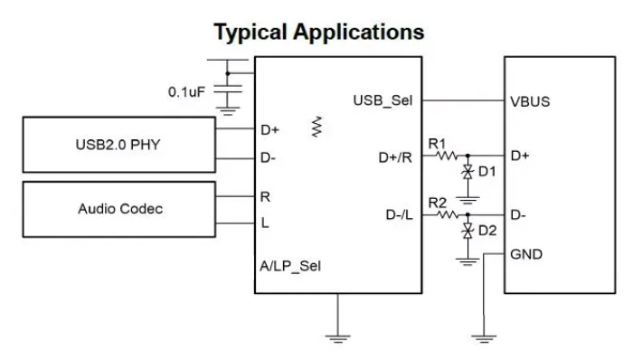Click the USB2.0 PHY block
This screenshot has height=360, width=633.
[x=119, y=145]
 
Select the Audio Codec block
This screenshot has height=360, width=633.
[x=119, y=210]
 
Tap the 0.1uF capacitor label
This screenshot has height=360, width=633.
[x=186, y=92]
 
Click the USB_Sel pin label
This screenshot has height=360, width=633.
[x=383, y=100]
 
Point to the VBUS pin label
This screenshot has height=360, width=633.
[x=530, y=101]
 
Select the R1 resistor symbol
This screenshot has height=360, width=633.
[x=448, y=156]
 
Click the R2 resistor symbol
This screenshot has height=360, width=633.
[x=448, y=214]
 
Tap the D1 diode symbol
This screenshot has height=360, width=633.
[x=468, y=173]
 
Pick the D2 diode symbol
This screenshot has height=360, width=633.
[x=468, y=232]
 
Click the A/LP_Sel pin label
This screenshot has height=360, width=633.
[x=290, y=266]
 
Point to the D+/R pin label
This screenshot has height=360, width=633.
[x=395, y=157]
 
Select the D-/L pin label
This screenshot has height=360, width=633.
[x=400, y=214]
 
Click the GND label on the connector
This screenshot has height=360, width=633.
[x=526, y=254]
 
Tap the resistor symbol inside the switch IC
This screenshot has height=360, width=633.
[x=316, y=127]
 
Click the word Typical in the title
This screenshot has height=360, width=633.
[x=250, y=33]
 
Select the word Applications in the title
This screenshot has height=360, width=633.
[x=359, y=33]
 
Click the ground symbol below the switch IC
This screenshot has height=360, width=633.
[x=338, y=338]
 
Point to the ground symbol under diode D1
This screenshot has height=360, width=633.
[x=468, y=201]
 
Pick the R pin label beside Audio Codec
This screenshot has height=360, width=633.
[x=265, y=197]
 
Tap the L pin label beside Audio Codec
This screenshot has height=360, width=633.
[x=265, y=223]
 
